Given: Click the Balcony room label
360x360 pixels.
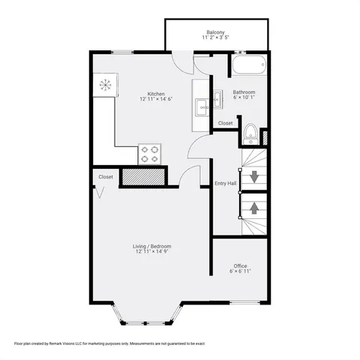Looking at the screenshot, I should tap(216, 32).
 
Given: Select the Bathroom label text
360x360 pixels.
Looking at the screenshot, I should tap(244, 93).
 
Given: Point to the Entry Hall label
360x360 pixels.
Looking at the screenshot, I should tap(226, 183).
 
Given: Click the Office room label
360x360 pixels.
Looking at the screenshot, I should tap(240, 266).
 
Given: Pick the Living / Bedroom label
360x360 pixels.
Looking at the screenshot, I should tap(154, 246).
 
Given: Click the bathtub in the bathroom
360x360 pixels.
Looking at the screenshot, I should tap(247, 66).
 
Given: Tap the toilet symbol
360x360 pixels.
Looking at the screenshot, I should tap(250, 135).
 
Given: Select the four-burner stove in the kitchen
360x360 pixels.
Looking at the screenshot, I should tap(150, 154).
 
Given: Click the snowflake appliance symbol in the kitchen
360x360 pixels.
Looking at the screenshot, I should tap(105, 85).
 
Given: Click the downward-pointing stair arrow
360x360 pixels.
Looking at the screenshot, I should tap(253, 178).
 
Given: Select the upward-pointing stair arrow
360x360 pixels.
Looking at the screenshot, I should tap(253, 204).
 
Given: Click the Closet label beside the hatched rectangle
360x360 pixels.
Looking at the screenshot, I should tap(105, 177).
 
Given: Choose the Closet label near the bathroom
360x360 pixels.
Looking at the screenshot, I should tap(226, 123).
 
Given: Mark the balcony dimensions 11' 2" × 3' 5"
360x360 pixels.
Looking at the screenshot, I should tap(216, 37).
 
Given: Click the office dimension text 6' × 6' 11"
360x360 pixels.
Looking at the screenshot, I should tap(240, 271).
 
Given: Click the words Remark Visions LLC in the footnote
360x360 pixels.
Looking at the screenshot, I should tap(80, 343).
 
